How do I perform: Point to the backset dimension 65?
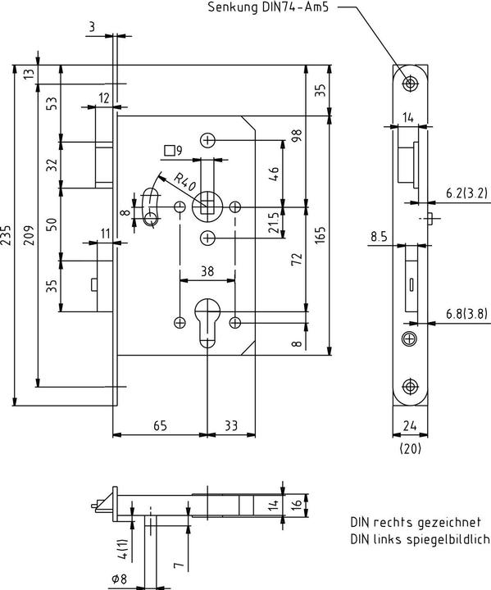[x=160, y=425]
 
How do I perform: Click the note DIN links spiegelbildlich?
[x=419, y=539]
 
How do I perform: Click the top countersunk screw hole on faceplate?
[x=410, y=83]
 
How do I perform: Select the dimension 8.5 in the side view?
[x=378, y=237]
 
